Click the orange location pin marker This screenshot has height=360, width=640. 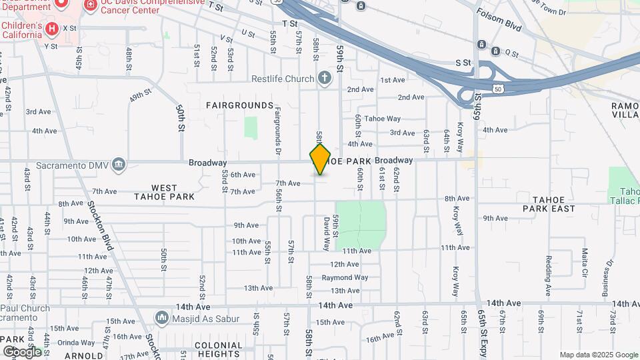[x=320, y=159]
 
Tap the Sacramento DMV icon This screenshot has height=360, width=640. [x=119, y=164]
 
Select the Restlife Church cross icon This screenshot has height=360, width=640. [x=325, y=79]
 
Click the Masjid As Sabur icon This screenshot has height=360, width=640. [x=161, y=317]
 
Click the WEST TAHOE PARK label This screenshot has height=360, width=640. [x=164, y=192]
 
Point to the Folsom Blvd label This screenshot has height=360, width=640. [x=499, y=20]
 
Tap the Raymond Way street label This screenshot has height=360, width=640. [x=349, y=277]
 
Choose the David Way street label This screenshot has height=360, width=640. [x=327, y=233]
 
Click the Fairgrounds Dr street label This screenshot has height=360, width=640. [x=277, y=127]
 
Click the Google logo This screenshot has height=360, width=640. [x=21, y=351]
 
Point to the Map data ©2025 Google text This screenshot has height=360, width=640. [x=598, y=355]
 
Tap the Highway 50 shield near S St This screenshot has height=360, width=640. [x=499, y=88]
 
